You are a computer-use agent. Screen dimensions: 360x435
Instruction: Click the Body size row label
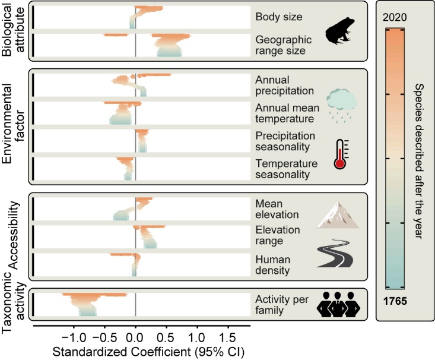click(279, 17)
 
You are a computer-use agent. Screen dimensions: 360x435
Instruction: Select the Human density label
click(280, 265)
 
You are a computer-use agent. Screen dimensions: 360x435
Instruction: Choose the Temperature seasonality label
click(282, 169)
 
